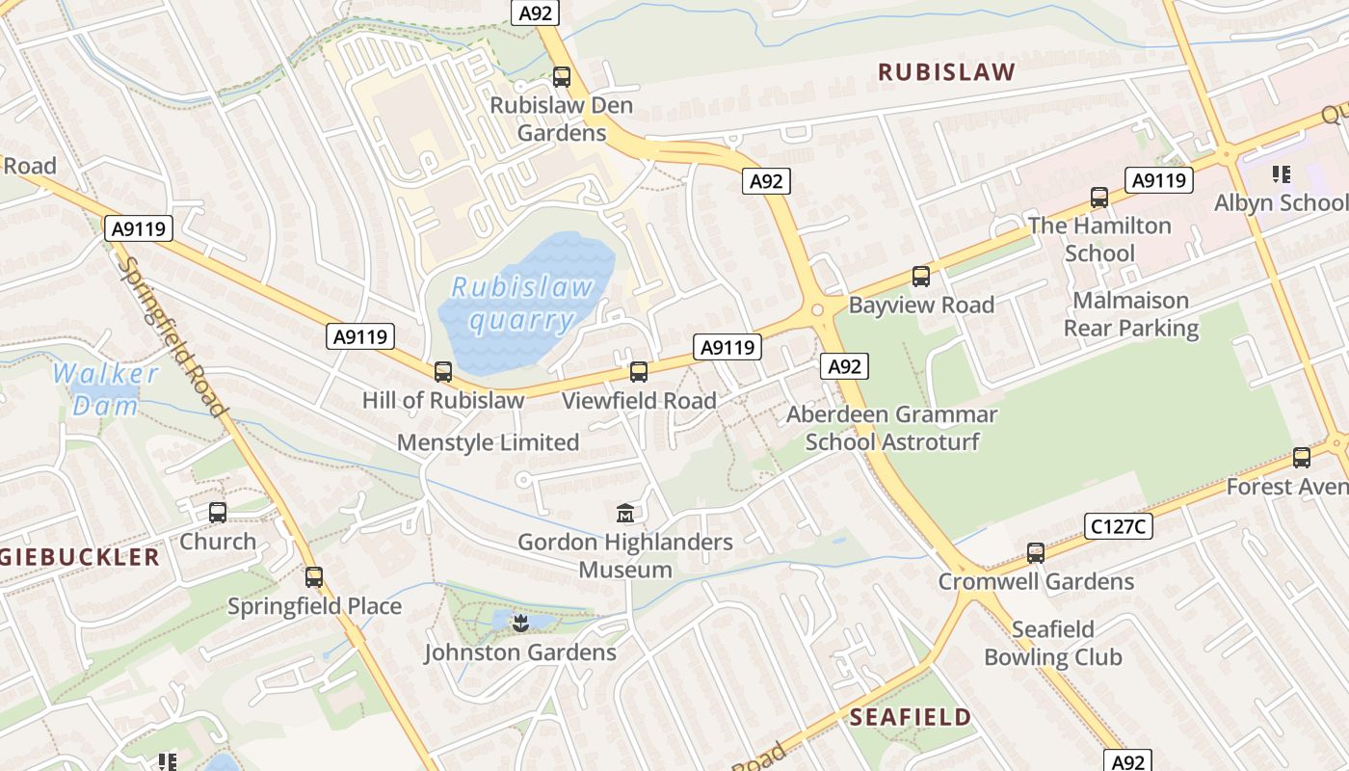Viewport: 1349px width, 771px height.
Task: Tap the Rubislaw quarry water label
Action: pyautogui.click(x=522, y=304)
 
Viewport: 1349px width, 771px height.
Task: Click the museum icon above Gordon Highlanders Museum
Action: pyautogui.click(x=625, y=513)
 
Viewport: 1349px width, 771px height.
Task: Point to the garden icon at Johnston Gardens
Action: pyautogui.click(x=520, y=623)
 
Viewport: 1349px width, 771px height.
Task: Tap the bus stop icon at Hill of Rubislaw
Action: pyautogui.click(x=443, y=371)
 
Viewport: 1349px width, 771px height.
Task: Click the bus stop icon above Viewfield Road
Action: pyautogui.click(x=639, y=371)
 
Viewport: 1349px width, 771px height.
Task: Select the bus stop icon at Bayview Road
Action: pyautogui.click(x=921, y=277)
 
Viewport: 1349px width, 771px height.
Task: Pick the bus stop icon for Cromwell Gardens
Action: pyautogui.click(x=1036, y=553)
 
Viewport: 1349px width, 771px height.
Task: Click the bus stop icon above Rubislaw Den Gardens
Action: pyautogui.click(x=562, y=77)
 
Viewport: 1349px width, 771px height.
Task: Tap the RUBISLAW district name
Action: pyautogui.click(x=946, y=72)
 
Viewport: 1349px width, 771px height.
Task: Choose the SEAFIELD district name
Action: pyautogui.click(x=911, y=717)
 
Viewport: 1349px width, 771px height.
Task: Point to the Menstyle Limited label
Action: pyautogui.click(x=488, y=443)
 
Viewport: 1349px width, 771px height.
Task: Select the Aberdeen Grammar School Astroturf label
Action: pyautogui.click(x=891, y=428)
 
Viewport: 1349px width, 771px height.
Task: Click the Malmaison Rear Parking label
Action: pyautogui.click(x=1130, y=314)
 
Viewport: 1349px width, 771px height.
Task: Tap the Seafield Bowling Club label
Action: pyautogui.click(x=1052, y=644)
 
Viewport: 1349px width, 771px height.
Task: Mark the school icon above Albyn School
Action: pyautogui.click(x=1281, y=174)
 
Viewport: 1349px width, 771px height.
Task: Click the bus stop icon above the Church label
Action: pyautogui.click(x=218, y=513)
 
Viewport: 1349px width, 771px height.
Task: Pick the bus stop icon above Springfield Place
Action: pyautogui.click(x=314, y=577)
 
